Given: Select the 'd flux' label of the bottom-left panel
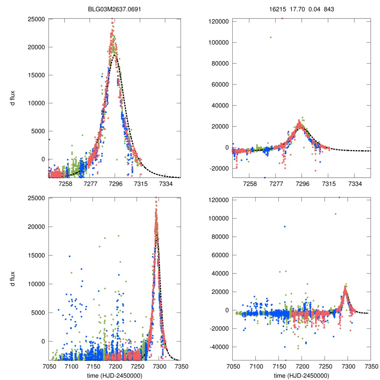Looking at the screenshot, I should coord(13,279).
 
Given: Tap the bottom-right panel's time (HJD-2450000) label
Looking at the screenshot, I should coord(301,375).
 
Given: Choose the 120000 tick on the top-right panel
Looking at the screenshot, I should coord(219,22).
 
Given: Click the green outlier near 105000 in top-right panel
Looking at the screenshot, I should coord(271,37).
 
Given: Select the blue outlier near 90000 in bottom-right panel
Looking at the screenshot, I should coord(285,226).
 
